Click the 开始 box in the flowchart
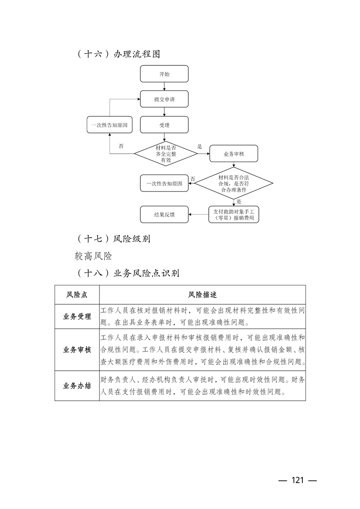[164, 74]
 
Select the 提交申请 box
[164, 99]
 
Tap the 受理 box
[164, 125]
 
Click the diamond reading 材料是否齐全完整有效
[166, 154]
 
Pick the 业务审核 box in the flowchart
[234, 154]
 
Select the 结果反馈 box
[164, 215]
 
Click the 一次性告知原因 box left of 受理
[109, 125]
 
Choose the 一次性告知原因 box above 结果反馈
[164, 183]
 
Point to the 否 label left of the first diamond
[121, 146]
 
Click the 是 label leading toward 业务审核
[199, 147]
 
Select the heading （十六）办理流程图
[118, 54]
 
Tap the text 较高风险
[93, 256]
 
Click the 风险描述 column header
[202, 294]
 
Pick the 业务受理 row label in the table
[77, 317]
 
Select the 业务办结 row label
[77, 386]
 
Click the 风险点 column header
[77, 294]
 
